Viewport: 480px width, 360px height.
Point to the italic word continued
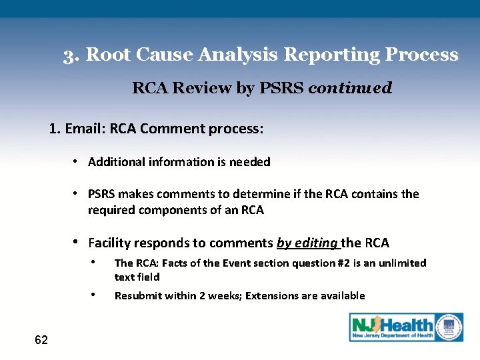350,88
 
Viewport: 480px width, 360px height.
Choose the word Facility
111,243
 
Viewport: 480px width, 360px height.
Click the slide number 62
41,341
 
